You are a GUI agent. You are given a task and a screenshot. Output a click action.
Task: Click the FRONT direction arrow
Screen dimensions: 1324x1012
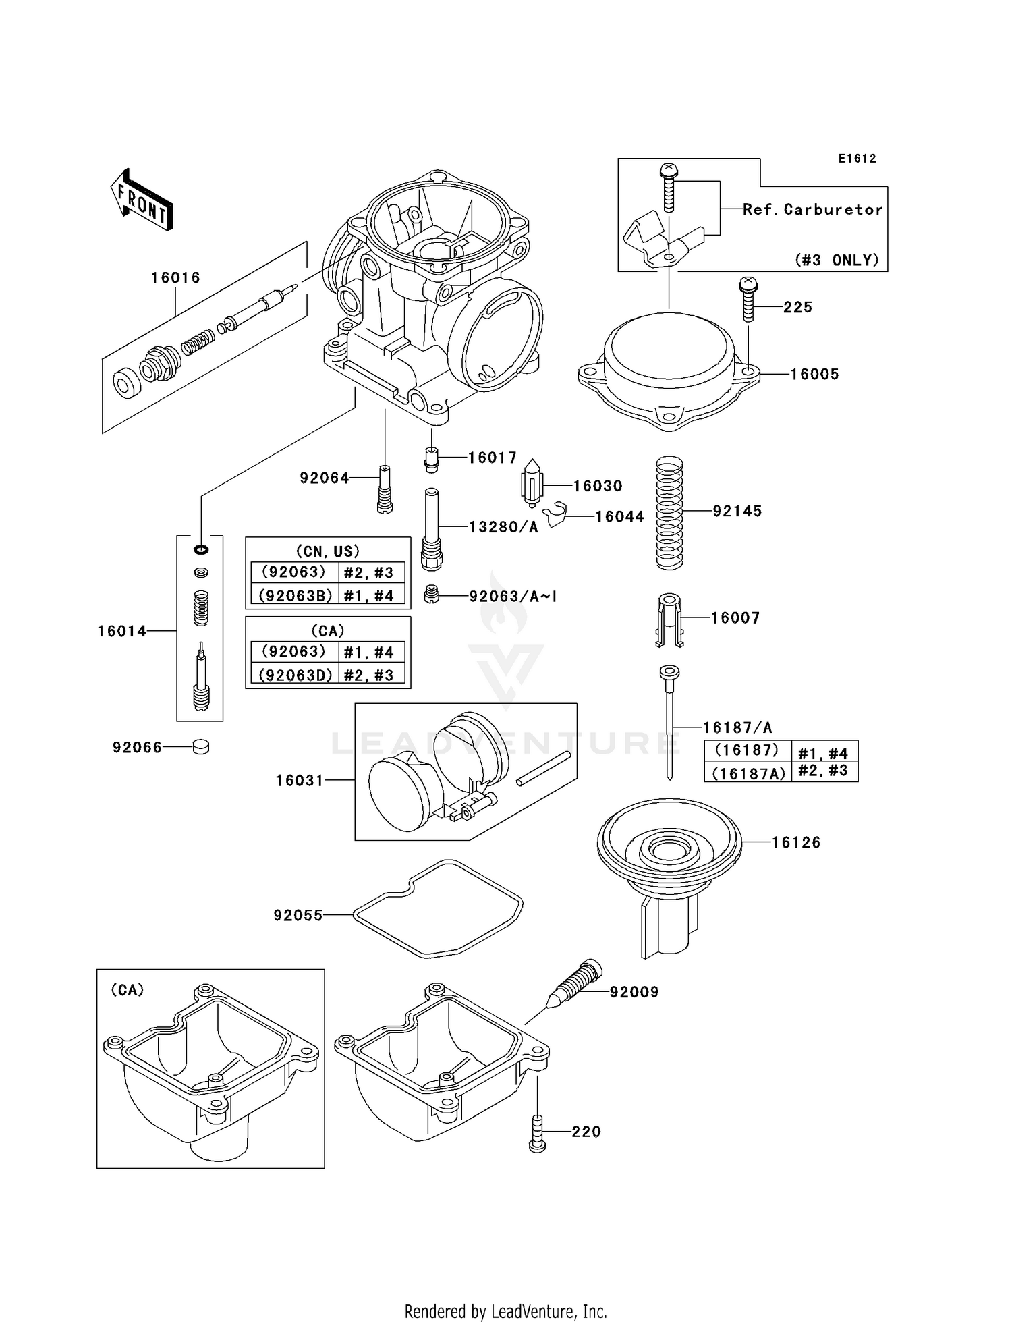pos(142,200)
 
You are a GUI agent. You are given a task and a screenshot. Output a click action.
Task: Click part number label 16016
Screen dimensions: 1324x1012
pos(175,277)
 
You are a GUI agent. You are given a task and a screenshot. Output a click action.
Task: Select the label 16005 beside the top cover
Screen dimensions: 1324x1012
pos(814,374)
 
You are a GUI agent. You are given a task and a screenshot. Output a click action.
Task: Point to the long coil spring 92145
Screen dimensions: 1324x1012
pos(670,513)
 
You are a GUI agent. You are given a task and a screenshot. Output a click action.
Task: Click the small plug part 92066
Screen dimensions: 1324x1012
pos(201,747)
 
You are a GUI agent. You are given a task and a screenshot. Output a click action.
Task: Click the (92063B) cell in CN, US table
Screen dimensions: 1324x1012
pos(295,596)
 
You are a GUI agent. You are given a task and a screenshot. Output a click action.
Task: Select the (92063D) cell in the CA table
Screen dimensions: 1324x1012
pos(295,675)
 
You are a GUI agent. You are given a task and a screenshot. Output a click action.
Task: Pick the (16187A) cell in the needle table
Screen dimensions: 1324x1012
pos(748,773)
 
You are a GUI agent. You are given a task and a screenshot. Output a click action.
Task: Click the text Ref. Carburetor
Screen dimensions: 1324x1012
pos(812,209)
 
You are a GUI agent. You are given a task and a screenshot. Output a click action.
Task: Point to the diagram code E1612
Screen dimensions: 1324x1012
pos(857,159)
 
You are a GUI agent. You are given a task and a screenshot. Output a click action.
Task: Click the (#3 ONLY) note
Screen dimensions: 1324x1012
pos(837,260)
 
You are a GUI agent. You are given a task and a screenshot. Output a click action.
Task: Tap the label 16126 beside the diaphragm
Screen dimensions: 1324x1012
pos(796,842)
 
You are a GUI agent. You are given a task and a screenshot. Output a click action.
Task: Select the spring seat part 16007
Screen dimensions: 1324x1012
pos(669,619)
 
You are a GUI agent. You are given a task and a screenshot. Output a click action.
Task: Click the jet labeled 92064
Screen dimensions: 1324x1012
pos(385,490)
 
